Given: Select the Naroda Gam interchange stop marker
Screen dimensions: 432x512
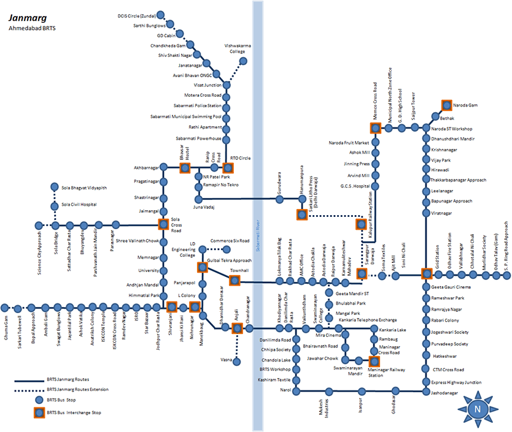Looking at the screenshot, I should [x=446, y=105].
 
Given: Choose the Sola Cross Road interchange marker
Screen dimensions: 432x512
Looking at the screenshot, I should [x=163, y=224].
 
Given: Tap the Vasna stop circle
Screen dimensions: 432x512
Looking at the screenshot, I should [x=237, y=361].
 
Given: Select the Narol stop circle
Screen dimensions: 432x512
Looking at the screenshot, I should [x=297, y=390].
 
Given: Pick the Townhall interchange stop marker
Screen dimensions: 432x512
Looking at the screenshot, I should [x=234, y=280].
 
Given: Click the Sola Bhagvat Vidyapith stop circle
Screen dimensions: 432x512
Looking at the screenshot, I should [x=55, y=188].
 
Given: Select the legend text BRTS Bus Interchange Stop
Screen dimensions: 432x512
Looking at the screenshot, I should [x=76, y=413].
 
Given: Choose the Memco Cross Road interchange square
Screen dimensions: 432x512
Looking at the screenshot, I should [x=374, y=128].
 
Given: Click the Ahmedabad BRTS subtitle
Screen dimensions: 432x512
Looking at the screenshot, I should [x=31, y=29].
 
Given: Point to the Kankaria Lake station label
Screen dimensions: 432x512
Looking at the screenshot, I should [x=394, y=330].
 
